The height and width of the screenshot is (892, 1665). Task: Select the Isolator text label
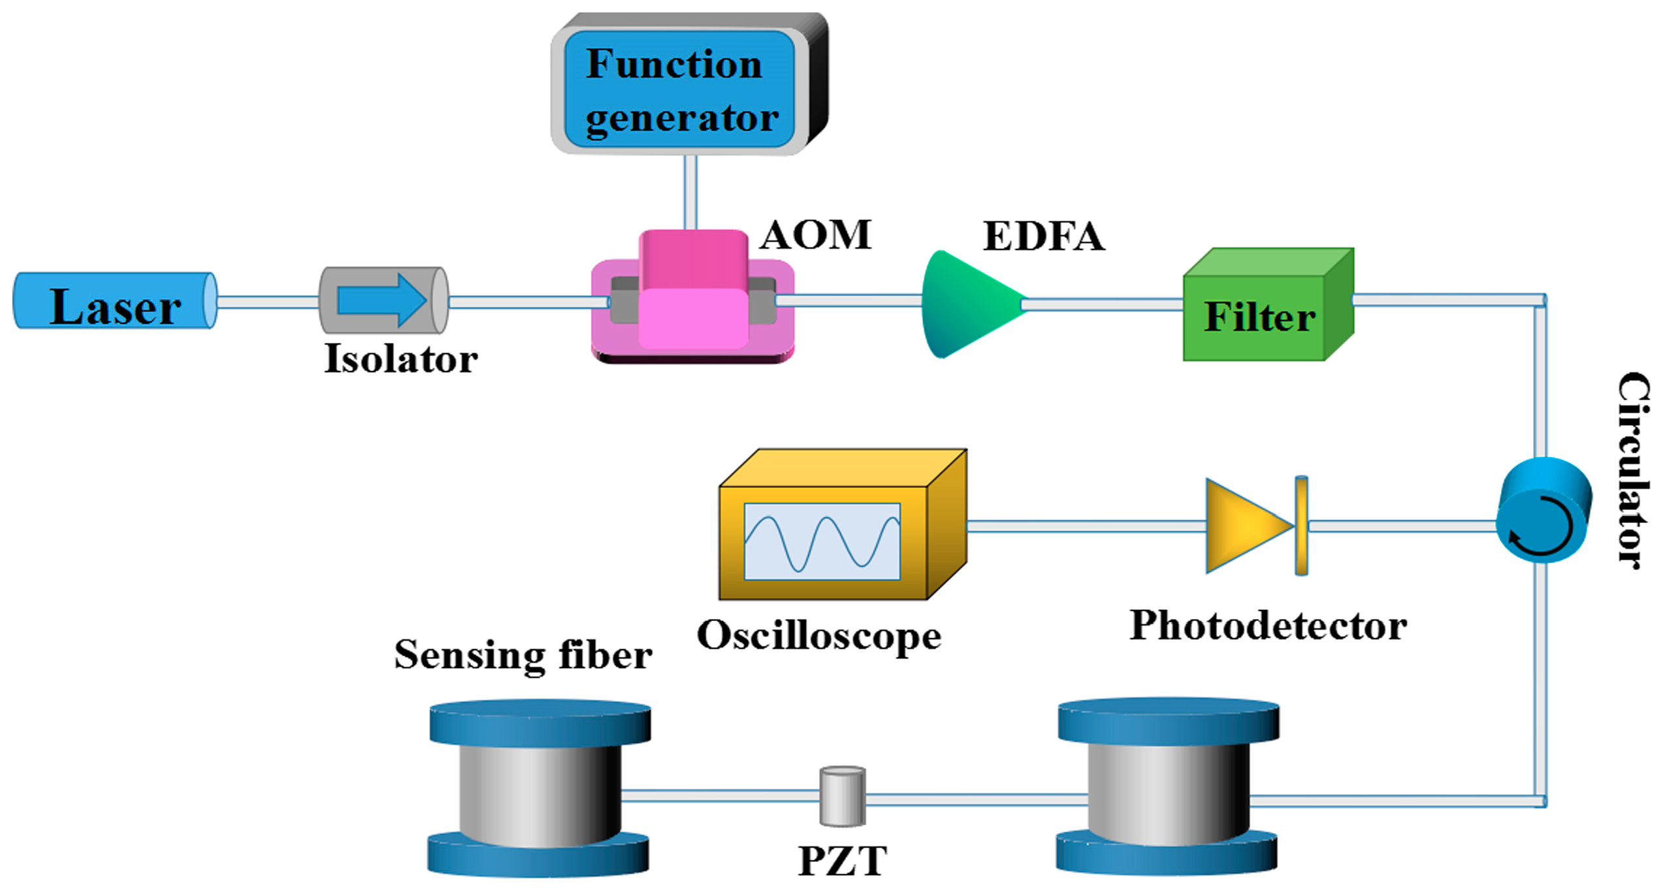coord(400,358)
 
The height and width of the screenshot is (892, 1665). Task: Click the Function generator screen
coord(679,89)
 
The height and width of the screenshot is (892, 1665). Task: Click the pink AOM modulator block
coord(692,294)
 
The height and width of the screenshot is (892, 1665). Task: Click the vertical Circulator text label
coord(1633,470)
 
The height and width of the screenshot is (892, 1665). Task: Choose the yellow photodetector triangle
coord(1244,525)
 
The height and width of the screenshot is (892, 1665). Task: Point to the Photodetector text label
coord(1267,625)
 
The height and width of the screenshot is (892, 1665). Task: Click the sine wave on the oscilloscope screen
coord(821,542)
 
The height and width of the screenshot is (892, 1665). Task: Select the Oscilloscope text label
coord(818,635)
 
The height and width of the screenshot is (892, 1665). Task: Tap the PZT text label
coord(842,861)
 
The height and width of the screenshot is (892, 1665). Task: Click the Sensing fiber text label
coord(523,654)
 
